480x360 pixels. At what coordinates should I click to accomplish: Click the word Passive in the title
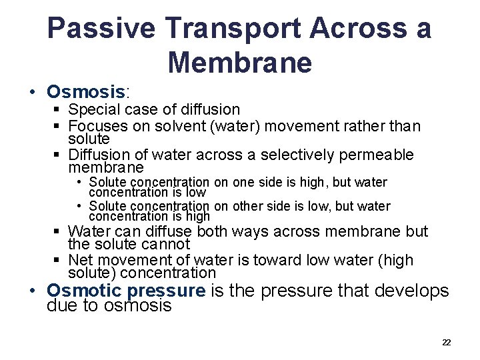click(x=101, y=29)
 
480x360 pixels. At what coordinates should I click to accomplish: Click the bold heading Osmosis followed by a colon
click(x=86, y=91)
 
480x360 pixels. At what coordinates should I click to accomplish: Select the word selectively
click(x=298, y=155)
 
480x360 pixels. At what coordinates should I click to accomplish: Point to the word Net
click(x=80, y=260)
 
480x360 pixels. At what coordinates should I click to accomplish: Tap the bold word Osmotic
click(x=84, y=291)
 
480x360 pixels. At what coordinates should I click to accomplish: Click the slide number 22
click(x=446, y=343)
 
